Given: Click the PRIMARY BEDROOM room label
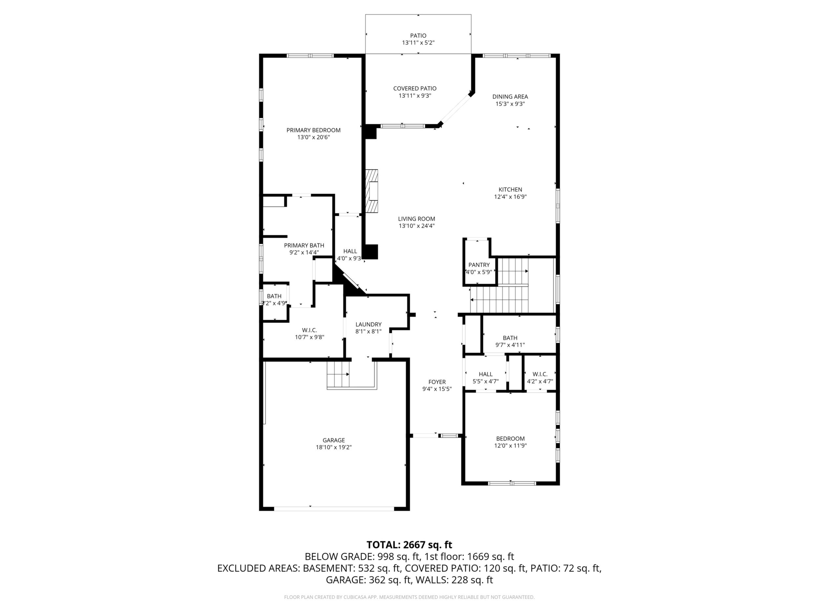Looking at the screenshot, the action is (x=313, y=130).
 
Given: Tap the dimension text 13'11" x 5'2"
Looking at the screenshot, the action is (x=418, y=43).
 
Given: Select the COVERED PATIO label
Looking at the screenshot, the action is (x=415, y=89).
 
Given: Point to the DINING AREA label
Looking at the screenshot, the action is (x=510, y=97).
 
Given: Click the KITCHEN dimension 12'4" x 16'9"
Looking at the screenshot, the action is (x=510, y=197).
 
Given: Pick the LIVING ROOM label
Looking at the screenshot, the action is (x=416, y=219).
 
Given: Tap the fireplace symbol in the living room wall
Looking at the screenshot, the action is (x=372, y=191).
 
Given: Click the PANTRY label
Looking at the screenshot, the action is (x=479, y=265).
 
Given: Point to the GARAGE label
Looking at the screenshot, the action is (x=334, y=440).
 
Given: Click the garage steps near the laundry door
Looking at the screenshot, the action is (x=338, y=374).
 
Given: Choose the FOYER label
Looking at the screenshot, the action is (x=437, y=382).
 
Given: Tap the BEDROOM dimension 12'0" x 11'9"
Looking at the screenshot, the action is (x=510, y=446).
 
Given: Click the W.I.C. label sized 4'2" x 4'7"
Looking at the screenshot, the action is (x=540, y=374).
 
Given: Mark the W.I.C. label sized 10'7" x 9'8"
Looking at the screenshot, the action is (x=309, y=330).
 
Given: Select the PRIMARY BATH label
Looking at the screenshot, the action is (x=304, y=245).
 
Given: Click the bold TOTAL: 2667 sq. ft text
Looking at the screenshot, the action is (x=409, y=545).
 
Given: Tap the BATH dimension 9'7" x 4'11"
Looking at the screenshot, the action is (x=510, y=345).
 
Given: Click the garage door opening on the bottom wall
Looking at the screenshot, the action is (x=334, y=508).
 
